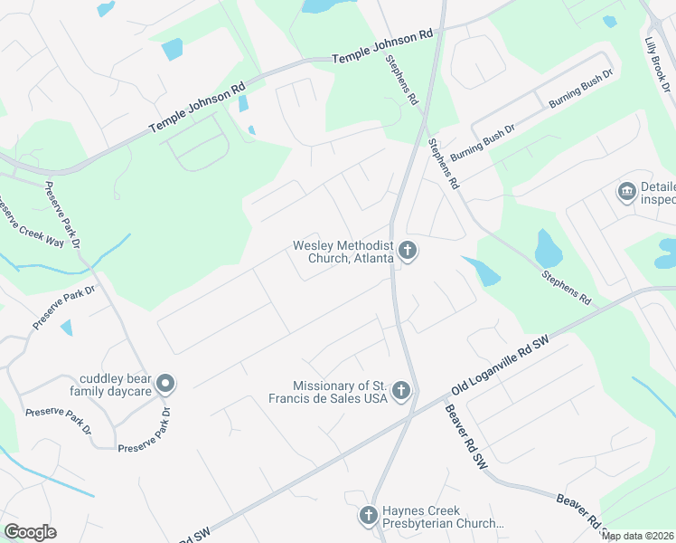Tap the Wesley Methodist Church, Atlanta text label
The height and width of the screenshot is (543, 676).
(343, 252)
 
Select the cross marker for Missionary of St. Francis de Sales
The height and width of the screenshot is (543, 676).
(401, 392)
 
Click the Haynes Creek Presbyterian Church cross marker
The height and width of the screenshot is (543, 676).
(368, 516)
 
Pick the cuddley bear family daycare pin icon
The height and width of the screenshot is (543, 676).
(164, 385)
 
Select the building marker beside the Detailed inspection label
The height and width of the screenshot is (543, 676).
(625, 192)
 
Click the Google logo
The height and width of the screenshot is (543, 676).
(30, 532)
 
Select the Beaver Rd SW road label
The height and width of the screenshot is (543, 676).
(465, 436)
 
